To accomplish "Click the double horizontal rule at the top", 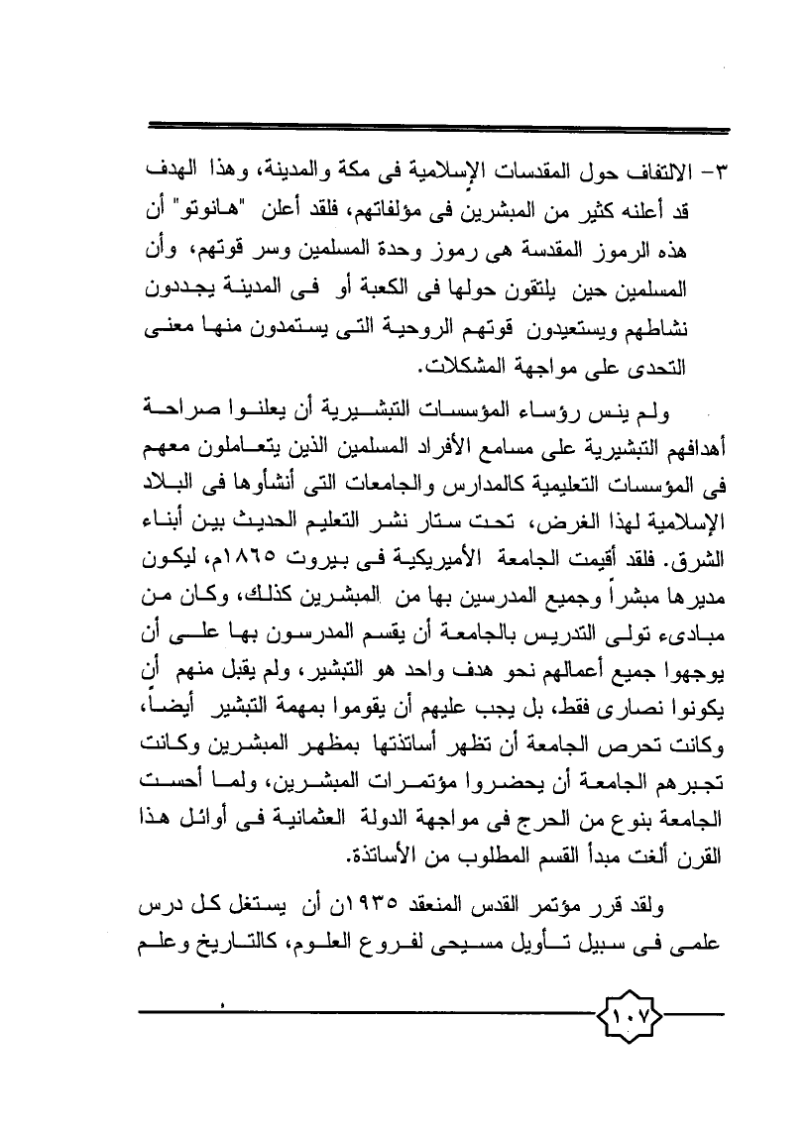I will pos(436,127).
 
